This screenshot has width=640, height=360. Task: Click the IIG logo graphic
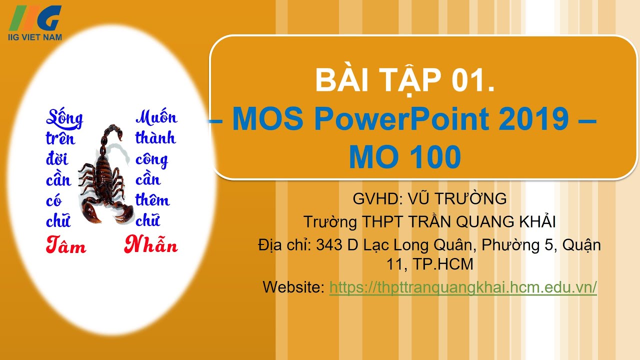[x=36, y=18]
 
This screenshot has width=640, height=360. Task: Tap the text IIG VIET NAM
[x=35, y=37]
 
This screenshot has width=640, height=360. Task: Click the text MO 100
[x=404, y=157]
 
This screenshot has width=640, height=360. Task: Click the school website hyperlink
[x=463, y=287]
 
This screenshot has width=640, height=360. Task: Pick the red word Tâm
[x=65, y=245]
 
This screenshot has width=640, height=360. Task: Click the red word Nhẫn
[x=151, y=245]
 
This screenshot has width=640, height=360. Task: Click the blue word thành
[x=155, y=138]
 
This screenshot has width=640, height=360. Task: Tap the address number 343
[x=329, y=245]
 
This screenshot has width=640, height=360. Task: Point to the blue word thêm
[x=152, y=200]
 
